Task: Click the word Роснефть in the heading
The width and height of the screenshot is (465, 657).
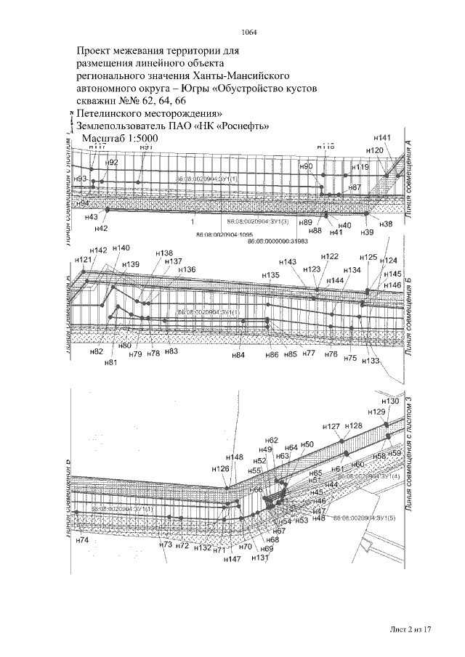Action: [x=243, y=125]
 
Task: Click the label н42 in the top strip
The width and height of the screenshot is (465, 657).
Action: [x=102, y=228]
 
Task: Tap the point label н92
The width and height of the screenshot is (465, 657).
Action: [x=111, y=162]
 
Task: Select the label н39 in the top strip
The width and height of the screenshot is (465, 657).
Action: [x=367, y=232]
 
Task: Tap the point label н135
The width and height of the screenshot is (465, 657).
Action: [x=271, y=276]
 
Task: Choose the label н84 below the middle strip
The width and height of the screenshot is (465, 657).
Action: [x=238, y=355]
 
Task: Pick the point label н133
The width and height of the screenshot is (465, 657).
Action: [x=371, y=361]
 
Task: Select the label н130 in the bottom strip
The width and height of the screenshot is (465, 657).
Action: [x=390, y=401]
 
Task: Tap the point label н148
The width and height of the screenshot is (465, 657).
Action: [x=234, y=457]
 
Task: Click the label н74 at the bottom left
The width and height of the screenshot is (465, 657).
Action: [x=81, y=540]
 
